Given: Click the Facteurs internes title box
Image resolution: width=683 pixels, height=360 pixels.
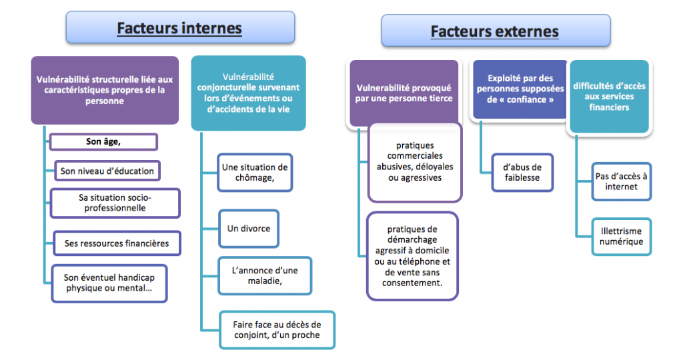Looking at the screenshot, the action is tap(180, 27).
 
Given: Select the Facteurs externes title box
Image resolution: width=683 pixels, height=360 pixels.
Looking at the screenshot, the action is tap(496, 31).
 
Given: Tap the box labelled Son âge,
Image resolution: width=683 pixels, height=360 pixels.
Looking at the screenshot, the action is tap(103, 142).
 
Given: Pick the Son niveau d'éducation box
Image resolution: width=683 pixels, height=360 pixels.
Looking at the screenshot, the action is tap(107, 171).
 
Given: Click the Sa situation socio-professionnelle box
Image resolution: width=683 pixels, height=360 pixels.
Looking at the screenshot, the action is tap(115, 203).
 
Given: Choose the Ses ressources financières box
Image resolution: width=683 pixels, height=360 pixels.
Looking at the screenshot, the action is tap(117, 243).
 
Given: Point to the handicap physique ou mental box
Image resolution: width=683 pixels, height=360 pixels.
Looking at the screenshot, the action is tap(109, 283).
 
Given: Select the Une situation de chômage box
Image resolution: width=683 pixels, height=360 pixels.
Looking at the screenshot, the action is tap(255, 173).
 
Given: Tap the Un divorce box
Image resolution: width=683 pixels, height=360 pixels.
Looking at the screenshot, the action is tap(249, 229).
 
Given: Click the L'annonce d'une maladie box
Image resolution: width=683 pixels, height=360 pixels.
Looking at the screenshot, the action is tap(265, 275).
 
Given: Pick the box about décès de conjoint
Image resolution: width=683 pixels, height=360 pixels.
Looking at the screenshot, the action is tap(277, 330).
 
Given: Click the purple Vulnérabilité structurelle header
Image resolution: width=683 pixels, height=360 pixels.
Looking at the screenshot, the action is tap(105, 90).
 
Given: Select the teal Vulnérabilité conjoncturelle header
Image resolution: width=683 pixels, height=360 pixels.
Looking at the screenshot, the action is tap(248, 93).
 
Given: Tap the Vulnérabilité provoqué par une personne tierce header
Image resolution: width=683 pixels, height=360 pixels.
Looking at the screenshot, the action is tap(404, 93).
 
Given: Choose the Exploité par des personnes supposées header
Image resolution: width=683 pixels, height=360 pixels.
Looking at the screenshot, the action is tap(520, 89).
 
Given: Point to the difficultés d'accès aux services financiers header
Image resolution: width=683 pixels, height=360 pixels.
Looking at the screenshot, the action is tap(610, 96).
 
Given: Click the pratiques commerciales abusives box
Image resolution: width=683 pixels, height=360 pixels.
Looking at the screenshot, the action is tap(415, 163).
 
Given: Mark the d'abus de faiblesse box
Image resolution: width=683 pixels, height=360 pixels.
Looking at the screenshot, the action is tap(522, 173).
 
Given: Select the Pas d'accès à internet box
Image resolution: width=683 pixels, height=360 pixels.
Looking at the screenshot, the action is tap(621, 181).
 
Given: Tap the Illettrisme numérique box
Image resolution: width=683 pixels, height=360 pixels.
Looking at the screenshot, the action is tap(621, 237).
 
